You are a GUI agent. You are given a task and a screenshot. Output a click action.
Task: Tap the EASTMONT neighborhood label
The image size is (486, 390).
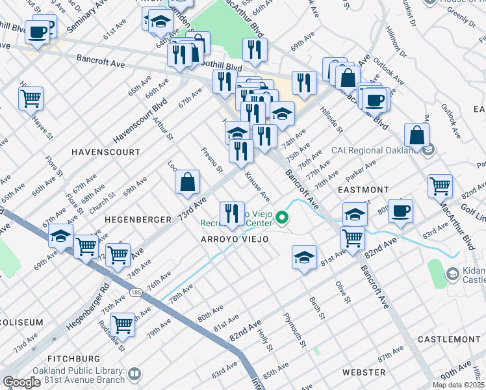point(363,189)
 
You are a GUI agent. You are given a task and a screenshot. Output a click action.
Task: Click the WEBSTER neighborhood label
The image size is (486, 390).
point(364,372)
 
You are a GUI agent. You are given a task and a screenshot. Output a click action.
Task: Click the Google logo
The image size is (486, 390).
point(21,382)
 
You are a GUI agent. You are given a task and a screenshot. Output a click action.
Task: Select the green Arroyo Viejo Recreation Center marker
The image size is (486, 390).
point(282,217)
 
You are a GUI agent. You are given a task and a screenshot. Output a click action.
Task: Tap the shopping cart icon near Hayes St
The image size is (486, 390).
point(31,99)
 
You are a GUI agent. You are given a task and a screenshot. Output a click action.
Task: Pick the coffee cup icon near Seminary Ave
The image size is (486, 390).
point(38,31)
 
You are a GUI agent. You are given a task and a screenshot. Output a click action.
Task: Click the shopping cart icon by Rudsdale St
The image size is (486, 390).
point(122,323)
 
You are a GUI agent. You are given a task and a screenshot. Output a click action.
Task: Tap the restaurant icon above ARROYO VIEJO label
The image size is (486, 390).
point(232,213)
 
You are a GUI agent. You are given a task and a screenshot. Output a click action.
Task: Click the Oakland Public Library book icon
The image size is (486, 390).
point(134,374)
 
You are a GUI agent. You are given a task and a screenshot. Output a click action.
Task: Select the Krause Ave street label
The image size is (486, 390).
point(257,186)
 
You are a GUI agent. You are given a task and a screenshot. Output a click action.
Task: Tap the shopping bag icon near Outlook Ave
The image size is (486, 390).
point(416,135)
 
